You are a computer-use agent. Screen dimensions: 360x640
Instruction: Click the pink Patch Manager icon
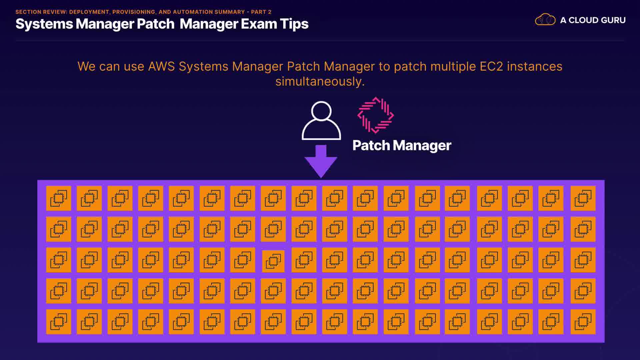click(x=375, y=115)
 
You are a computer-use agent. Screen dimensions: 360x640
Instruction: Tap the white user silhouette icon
click(x=321, y=121)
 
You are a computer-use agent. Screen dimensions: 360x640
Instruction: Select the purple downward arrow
click(x=321, y=161)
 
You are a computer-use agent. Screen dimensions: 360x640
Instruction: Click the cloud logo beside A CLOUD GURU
click(x=545, y=20)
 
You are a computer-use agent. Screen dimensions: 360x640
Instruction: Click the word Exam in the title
click(x=259, y=24)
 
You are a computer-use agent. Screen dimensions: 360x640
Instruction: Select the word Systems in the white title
click(x=44, y=24)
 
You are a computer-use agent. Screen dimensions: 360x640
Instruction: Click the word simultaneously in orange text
click(x=320, y=81)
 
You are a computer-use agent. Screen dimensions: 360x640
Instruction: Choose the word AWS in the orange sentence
click(x=161, y=66)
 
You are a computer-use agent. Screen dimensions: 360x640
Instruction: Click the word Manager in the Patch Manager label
click(x=422, y=146)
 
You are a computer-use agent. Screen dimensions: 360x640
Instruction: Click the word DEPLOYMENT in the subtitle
click(x=89, y=12)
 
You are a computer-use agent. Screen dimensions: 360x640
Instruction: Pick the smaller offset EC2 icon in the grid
click(x=273, y=261)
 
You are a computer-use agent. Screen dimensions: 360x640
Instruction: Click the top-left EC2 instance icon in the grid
click(x=59, y=198)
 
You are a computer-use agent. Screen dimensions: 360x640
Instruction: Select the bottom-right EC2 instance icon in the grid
click(x=583, y=322)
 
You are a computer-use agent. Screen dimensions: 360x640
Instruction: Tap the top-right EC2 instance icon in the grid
click(x=583, y=198)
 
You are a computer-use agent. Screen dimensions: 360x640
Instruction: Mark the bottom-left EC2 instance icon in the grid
click(x=59, y=322)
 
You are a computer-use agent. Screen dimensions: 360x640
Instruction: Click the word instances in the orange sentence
click(x=534, y=66)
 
